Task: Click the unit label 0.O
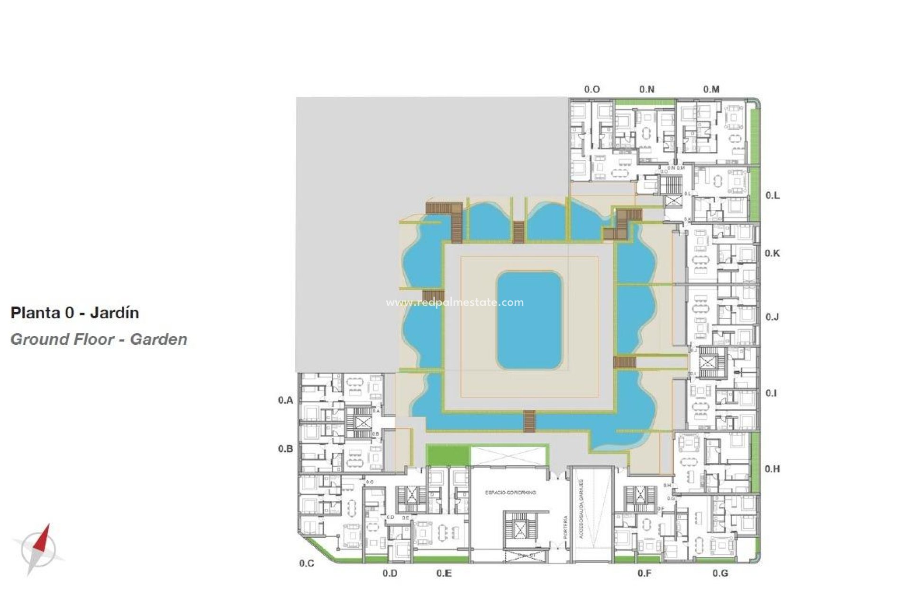[592, 89]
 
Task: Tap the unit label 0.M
[711, 89]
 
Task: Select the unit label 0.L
[773, 195]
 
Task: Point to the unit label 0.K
[772, 253]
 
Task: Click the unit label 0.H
[772, 469]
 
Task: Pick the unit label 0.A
[285, 400]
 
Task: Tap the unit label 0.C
[307, 563]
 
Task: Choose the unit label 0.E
[444, 573]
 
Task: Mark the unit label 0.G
[720, 573]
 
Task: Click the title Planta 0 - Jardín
[75, 313]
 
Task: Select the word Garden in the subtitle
[159, 340]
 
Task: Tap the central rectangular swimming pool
[529, 320]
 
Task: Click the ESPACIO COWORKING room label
[510, 493]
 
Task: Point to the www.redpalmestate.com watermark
[455, 303]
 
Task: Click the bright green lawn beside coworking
[447, 455]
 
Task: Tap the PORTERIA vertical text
[565, 526]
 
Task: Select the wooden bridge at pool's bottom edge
[529, 422]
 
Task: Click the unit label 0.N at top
[646, 89]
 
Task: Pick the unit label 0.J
[772, 317]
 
